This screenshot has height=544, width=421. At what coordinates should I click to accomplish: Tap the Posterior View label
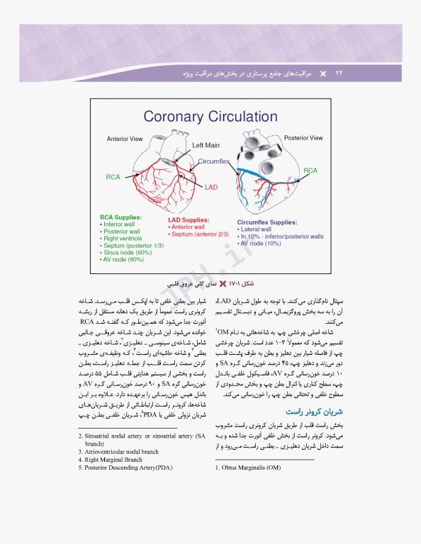[x=303, y=137]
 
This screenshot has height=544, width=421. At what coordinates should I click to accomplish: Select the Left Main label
[x=207, y=145]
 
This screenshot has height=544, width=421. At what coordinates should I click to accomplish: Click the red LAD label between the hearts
[x=211, y=188]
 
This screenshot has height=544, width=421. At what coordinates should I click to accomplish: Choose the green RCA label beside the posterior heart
[x=310, y=171]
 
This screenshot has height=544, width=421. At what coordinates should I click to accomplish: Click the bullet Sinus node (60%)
[x=128, y=253]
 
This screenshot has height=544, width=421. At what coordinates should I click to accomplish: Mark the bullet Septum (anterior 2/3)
[x=200, y=235]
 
